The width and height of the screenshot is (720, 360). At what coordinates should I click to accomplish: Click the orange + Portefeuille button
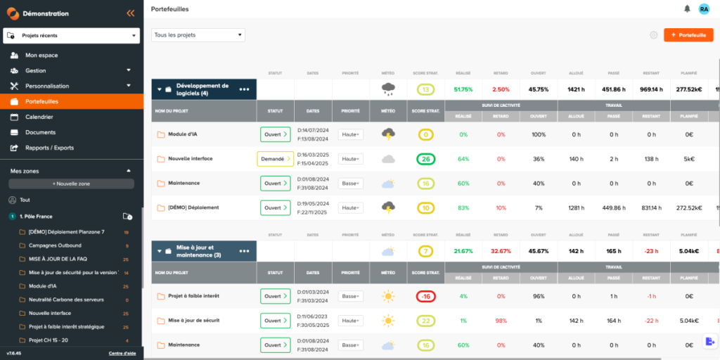688,35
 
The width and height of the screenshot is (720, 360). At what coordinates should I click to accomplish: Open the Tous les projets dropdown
198,35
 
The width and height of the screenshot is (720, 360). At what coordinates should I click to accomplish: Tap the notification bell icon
687,8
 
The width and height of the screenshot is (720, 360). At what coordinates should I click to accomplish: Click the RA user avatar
704,8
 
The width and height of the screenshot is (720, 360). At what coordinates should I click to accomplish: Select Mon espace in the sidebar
41,55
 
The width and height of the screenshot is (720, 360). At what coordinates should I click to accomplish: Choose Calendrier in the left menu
39,117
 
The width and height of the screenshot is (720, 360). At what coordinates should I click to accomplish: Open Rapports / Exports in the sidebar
49,148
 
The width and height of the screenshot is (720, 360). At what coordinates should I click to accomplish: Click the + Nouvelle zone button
71,184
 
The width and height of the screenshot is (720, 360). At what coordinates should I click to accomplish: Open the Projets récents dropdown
71,35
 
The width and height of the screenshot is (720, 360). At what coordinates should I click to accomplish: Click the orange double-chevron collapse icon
130,13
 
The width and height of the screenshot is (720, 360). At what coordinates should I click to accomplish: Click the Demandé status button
275,159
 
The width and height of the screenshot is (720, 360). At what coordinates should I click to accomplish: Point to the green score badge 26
425,159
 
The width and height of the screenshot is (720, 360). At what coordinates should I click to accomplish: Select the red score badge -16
425,296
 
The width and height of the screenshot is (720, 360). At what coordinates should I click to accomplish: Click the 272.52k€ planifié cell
689,207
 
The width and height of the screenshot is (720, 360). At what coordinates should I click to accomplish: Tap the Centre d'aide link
122,353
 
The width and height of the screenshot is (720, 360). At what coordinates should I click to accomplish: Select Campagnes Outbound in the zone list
55,245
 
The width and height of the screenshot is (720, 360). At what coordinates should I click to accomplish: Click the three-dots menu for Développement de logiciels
244,89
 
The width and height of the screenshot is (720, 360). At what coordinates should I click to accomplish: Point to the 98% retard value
501,321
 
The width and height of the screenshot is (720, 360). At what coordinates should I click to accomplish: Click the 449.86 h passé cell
614,207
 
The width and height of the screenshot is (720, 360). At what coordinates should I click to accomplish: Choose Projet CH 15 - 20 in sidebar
49,340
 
